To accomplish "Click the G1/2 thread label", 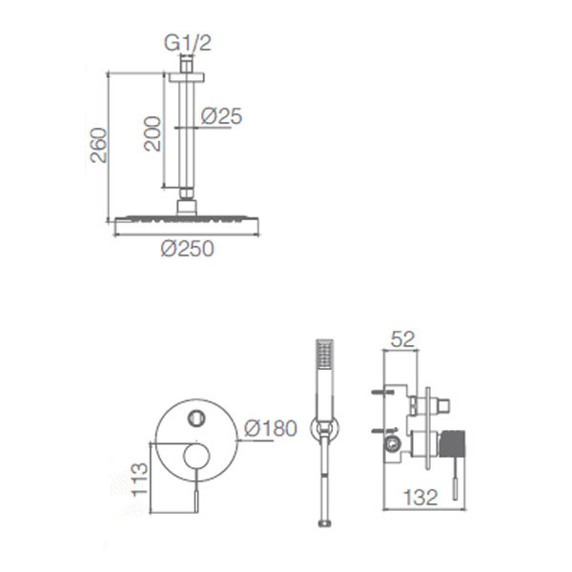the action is pos(188,43).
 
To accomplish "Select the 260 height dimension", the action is pos(99,145).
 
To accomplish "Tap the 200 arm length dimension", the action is pos(153,133).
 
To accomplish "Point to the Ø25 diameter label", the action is pos(221,116).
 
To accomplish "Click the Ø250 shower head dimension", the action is pos(187,249).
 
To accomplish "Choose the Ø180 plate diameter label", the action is pos(271,428).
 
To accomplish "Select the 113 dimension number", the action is pos(140,480).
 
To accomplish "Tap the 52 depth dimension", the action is pos(402,339).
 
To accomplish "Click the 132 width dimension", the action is pos(420,498).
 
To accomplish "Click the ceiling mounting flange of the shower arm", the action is pos(187,77).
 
